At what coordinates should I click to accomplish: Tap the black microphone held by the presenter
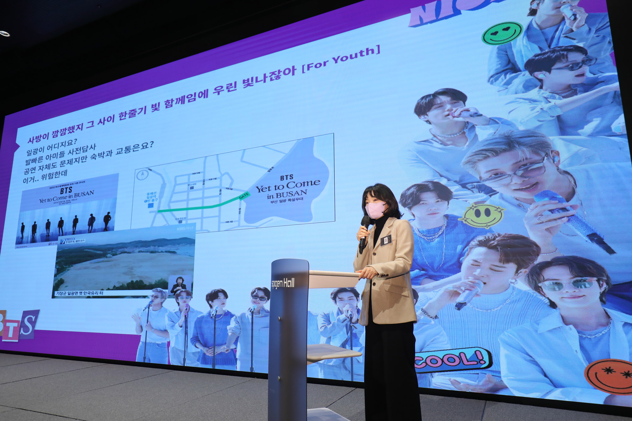tap(364, 234)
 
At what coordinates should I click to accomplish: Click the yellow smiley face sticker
tap(481, 215)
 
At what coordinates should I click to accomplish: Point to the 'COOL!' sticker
tap(453, 360)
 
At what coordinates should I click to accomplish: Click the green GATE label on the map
tap(244, 196)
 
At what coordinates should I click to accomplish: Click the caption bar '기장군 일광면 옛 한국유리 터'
tap(80, 293)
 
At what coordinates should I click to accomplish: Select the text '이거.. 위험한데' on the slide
tap(45, 177)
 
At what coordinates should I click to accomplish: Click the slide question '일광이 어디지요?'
tap(52, 148)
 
